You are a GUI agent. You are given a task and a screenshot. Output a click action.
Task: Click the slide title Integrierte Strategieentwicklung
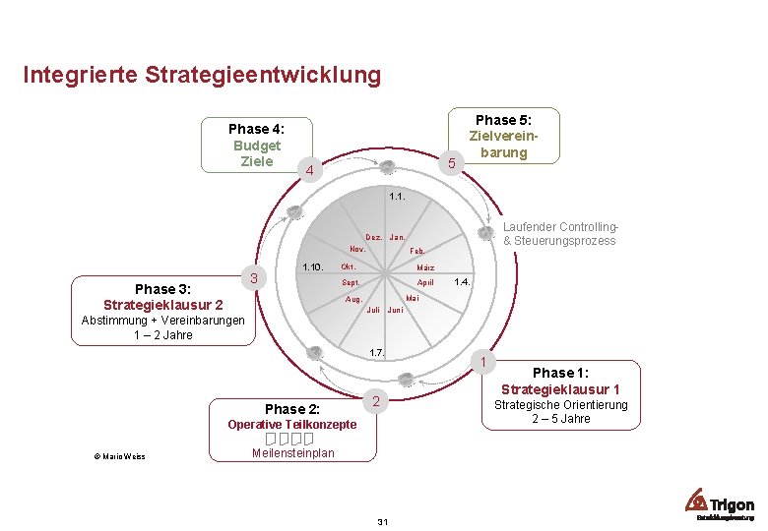[x=201, y=75]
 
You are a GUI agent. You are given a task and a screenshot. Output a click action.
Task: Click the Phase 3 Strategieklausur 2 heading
[x=163, y=297]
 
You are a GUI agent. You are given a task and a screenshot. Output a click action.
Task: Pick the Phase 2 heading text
[x=291, y=408]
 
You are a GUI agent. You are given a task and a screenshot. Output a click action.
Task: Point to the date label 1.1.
[x=398, y=197]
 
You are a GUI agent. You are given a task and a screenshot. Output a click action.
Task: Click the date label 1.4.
[x=463, y=282]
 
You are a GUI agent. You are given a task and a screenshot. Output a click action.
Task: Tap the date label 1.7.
[x=375, y=352]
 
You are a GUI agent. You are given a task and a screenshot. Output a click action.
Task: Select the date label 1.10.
[x=313, y=267]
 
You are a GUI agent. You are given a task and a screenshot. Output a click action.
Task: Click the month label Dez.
[x=374, y=237]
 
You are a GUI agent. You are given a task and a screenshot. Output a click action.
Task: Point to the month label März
[x=425, y=267]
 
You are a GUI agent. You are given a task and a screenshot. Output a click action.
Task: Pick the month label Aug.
[x=353, y=298]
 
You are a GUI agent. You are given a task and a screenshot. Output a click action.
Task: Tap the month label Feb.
[x=417, y=252]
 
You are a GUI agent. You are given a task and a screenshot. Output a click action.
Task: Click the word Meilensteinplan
[x=293, y=453]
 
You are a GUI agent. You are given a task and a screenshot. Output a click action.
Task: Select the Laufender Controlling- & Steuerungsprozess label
[x=559, y=234]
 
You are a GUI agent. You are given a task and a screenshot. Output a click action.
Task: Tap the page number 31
[x=383, y=520]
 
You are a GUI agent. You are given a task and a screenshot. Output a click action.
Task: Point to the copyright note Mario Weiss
[x=120, y=455]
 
